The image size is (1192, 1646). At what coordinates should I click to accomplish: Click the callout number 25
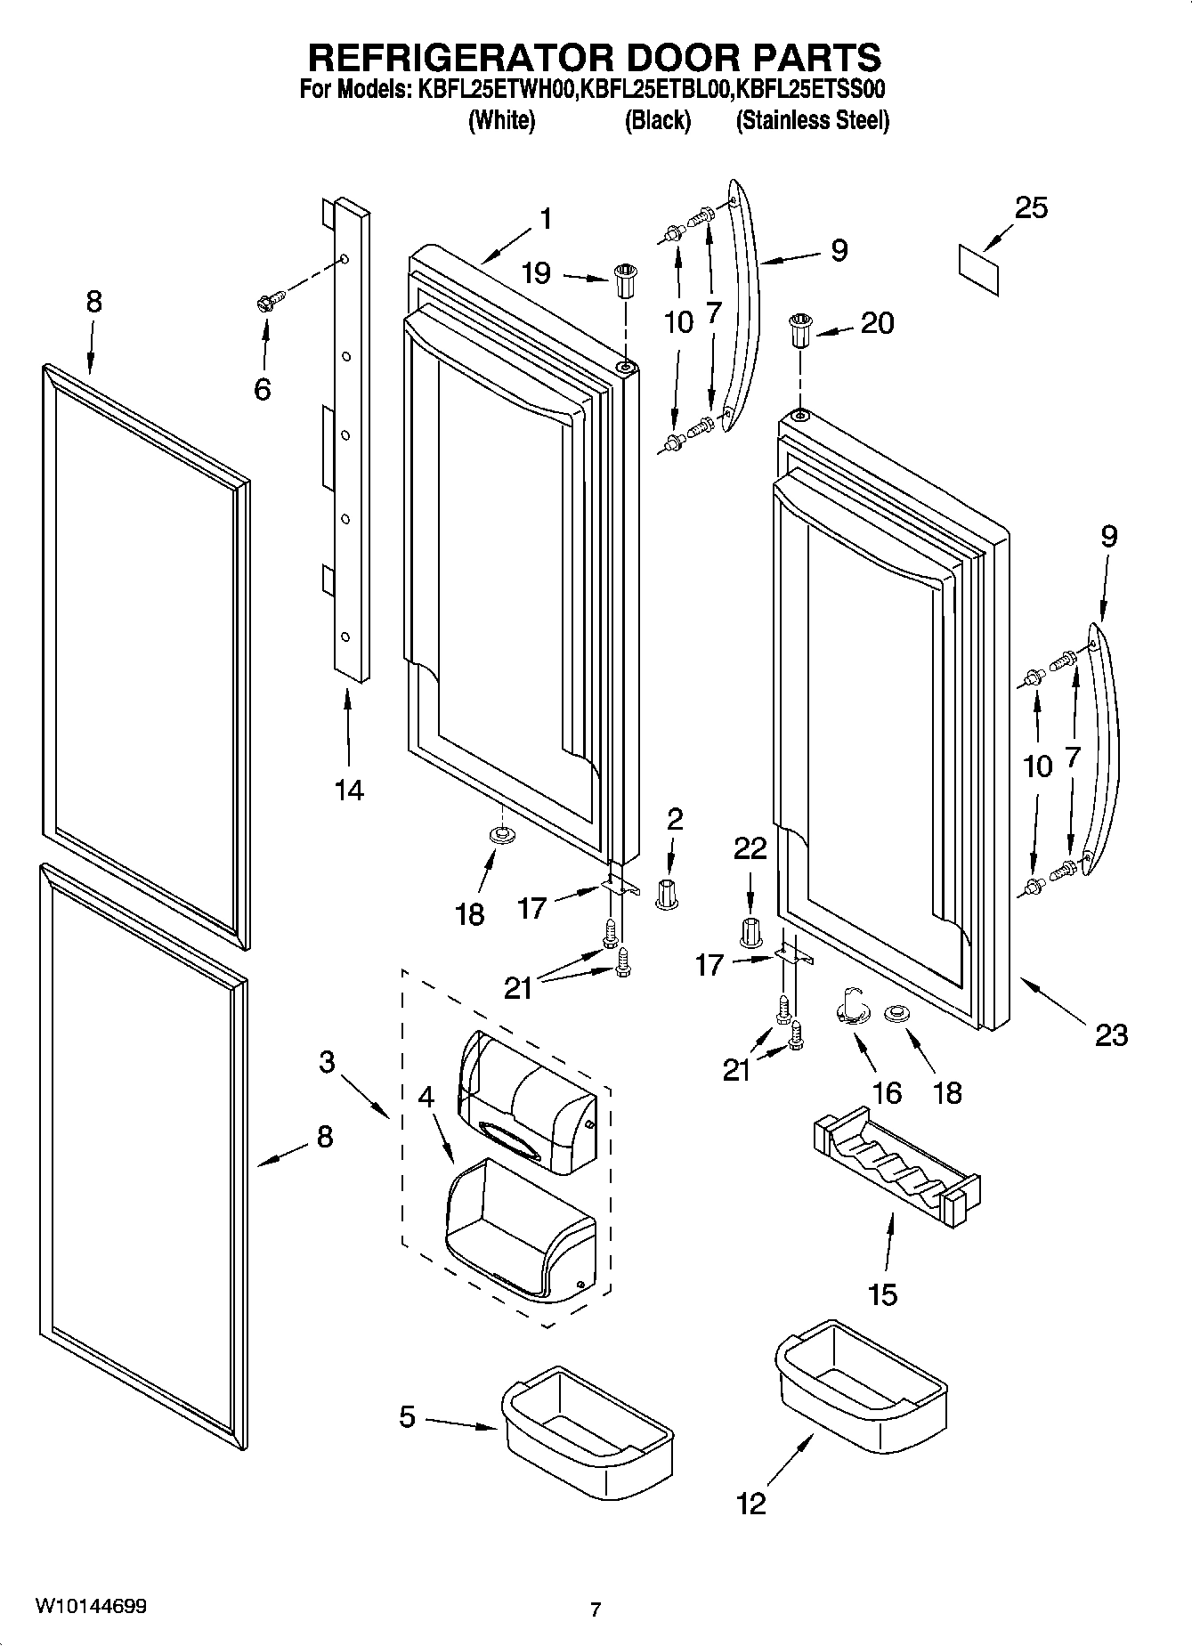point(1031,207)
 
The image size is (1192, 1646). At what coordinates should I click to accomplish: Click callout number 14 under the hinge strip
point(349,789)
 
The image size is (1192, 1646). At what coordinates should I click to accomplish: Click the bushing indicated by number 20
point(799,333)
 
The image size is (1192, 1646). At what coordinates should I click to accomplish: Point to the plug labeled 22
point(750,931)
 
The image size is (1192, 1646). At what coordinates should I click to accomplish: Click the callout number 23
point(1111,1034)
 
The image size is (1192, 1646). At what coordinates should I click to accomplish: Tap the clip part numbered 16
point(854,1009)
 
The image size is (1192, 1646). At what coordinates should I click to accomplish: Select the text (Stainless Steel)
point(812,120)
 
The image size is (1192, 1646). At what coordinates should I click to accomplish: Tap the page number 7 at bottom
point(596,1609)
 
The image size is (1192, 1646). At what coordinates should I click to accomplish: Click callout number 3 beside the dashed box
point(327,1061)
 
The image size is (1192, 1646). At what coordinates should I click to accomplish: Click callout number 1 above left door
point(545,218)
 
